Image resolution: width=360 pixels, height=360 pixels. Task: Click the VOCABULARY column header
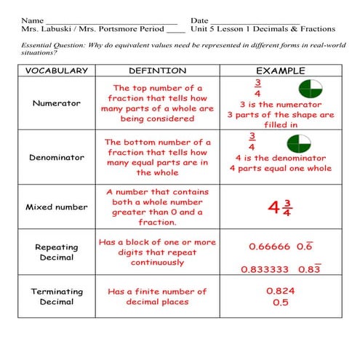pyautogui.click(x=57, y=71)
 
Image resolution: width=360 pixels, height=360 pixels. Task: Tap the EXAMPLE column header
pyautogui.click(x=280, y=71)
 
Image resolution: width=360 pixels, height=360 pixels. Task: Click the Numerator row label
pyautogui.click(x=57, y=103)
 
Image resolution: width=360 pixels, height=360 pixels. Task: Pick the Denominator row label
pyautogui.click(x=57, y=157)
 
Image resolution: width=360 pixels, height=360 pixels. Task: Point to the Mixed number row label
pyautogui.click(x=57, y=207)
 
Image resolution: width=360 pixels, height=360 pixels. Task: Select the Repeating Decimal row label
pyautogui.click(x=57, y=252)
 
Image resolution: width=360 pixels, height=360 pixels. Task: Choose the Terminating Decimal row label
pyautogui.click(x=57, y=297)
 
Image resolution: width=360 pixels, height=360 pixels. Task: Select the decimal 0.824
pyautogui.click(x=280, y=290)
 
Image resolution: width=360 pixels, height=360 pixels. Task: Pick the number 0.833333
pyautogui.click(x=265, y=269)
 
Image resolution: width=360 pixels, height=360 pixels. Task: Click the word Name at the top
pyautogui.click(x=32, y=20)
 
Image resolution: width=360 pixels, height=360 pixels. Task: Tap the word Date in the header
pyautogui.click(x=199, y=20)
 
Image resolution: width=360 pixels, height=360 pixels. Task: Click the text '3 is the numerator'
pyautogui.click(x=280, y=104)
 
